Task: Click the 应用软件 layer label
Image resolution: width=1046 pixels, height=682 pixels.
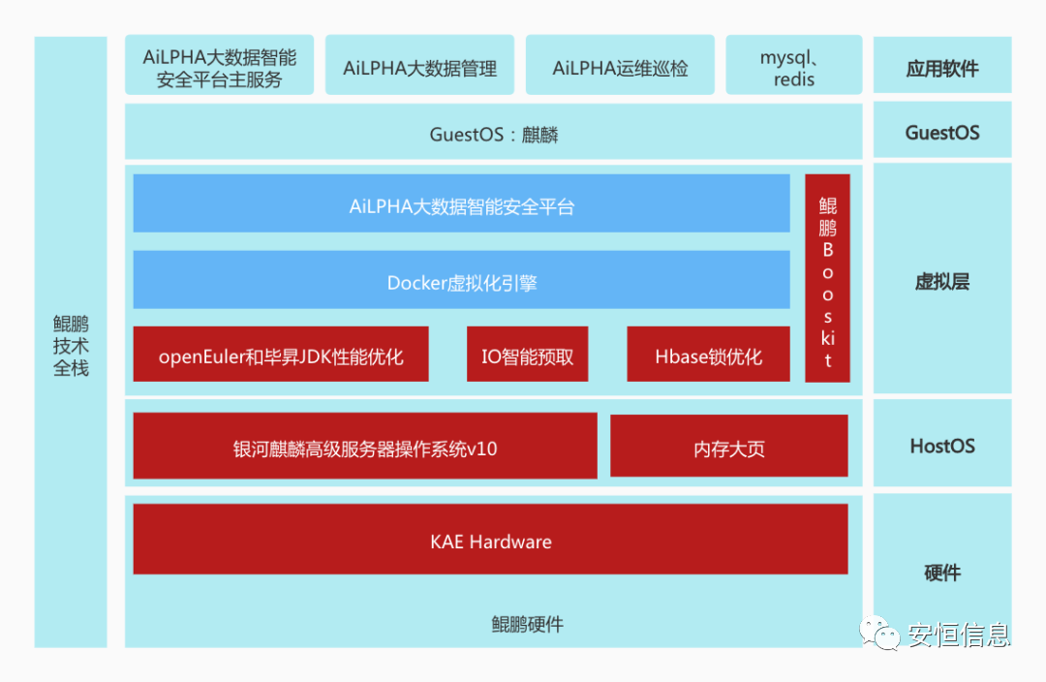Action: pyautogui.click(x=942, y=68)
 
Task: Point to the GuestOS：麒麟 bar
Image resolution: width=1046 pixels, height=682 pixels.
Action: pyautogui.click(x=493, y=134)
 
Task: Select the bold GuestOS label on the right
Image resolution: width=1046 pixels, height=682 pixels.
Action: pyautogui.click(x=942, y=133)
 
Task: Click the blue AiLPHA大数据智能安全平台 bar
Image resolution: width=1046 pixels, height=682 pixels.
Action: pyautogui.click(x=461, y=205)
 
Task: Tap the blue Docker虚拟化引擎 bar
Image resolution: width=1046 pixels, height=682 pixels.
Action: pyautogui.click(x=461, y=282)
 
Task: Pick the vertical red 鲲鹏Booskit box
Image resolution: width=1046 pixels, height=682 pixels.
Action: pyautogui.click(x=827, y=278)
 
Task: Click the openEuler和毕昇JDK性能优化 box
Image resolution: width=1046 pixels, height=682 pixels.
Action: pyautogui.click(x=281, y=356)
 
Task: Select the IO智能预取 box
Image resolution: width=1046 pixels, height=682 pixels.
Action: pyautogui.click(x=527, y=356)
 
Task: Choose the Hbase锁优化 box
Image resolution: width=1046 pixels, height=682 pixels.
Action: pyautogui.click(x=708, y=356)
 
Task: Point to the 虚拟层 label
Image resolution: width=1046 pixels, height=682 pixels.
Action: pyautogui.click(x=942, y=282)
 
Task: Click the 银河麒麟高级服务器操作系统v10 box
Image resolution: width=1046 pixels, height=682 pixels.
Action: pyautogui.click(x=365, y=447)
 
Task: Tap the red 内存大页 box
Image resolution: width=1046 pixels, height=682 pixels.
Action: pyautogui.click(x=728, y=447)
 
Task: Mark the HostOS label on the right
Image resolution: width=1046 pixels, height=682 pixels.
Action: pyautogui.click(x=942, y=447)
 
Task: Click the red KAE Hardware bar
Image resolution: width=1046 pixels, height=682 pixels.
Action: pyautogui.click(x=490, y=540)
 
